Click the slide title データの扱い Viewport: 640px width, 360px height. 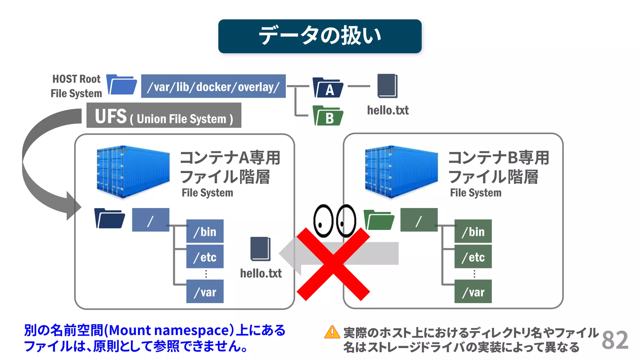click(x=320, y=36)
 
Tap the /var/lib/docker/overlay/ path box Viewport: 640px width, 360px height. click(x=213, y=86)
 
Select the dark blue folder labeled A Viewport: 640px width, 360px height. click(x=328, y=88)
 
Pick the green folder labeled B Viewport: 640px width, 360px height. click(x=328, y=116)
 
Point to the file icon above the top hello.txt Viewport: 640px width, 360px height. click(x=387, y=86)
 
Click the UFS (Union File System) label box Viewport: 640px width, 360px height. click(x=164, y=115)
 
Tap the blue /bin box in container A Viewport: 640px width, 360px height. click(x=205, y=231)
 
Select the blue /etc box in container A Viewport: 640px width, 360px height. click(x=205, y=257)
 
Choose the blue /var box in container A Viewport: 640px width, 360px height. click(x=205, y=292)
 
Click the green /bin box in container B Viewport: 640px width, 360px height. click(x=473, y=231)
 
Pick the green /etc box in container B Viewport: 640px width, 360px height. click(x=473, y=257)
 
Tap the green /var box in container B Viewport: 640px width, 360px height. click(x=473, y=292)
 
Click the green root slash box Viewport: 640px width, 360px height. click(x=419, y=220)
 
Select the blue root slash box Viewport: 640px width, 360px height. click(x=151, y=220)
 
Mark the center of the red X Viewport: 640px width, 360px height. click(x=333, y=264)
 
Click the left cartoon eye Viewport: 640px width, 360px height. click(x=323, y=221)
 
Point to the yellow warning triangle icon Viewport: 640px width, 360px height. click(x=332, y=332)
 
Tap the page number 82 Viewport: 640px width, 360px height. click(x=615, y=340)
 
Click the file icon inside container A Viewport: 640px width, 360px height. click(x=260, y=249)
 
